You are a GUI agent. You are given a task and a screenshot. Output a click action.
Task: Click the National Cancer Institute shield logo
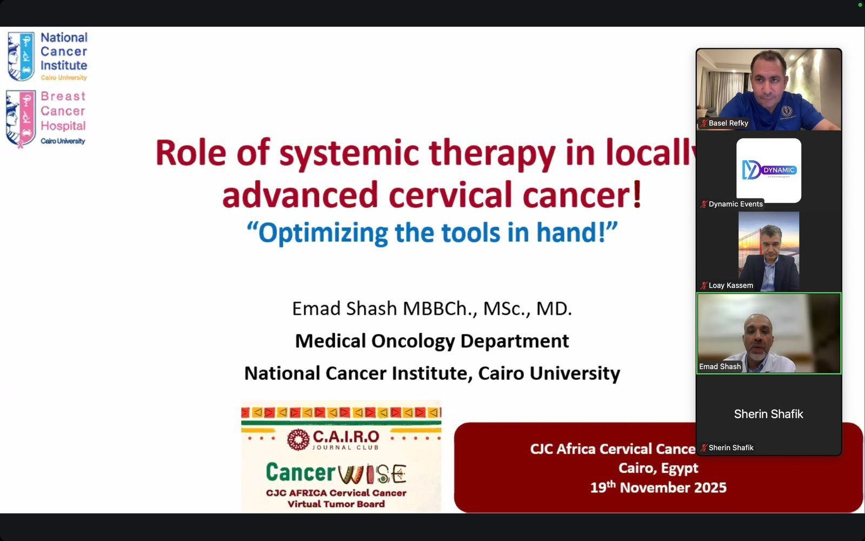coord(21,56)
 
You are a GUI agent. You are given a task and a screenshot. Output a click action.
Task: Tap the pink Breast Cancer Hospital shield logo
coord(21,118)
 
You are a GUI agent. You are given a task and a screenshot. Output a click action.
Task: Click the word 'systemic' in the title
coord(349,153)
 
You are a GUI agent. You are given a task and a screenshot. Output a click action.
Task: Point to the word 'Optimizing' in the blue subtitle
coord(323,233)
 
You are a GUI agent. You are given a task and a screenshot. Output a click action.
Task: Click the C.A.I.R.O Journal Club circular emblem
coord(298,439)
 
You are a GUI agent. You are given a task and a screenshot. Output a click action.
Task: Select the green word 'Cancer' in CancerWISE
coord(301,472)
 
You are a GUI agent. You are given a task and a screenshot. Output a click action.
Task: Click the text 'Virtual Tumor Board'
coord(336,504)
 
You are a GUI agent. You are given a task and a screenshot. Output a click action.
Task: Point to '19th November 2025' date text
coord(658,487)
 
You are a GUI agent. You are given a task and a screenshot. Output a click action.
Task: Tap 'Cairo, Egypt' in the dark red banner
coord(658,468)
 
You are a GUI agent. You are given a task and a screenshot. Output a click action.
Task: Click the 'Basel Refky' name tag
coord(728,123)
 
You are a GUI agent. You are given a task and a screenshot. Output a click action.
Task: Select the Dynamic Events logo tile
coord(769,170)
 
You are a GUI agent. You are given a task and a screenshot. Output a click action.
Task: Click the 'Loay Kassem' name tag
coord(730,286)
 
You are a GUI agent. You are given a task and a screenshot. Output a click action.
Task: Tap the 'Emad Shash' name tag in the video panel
coord(720,367)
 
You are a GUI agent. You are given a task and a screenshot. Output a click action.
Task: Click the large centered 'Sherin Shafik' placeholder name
coord(768,414)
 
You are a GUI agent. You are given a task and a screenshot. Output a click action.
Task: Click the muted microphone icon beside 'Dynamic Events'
coord(703,204)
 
